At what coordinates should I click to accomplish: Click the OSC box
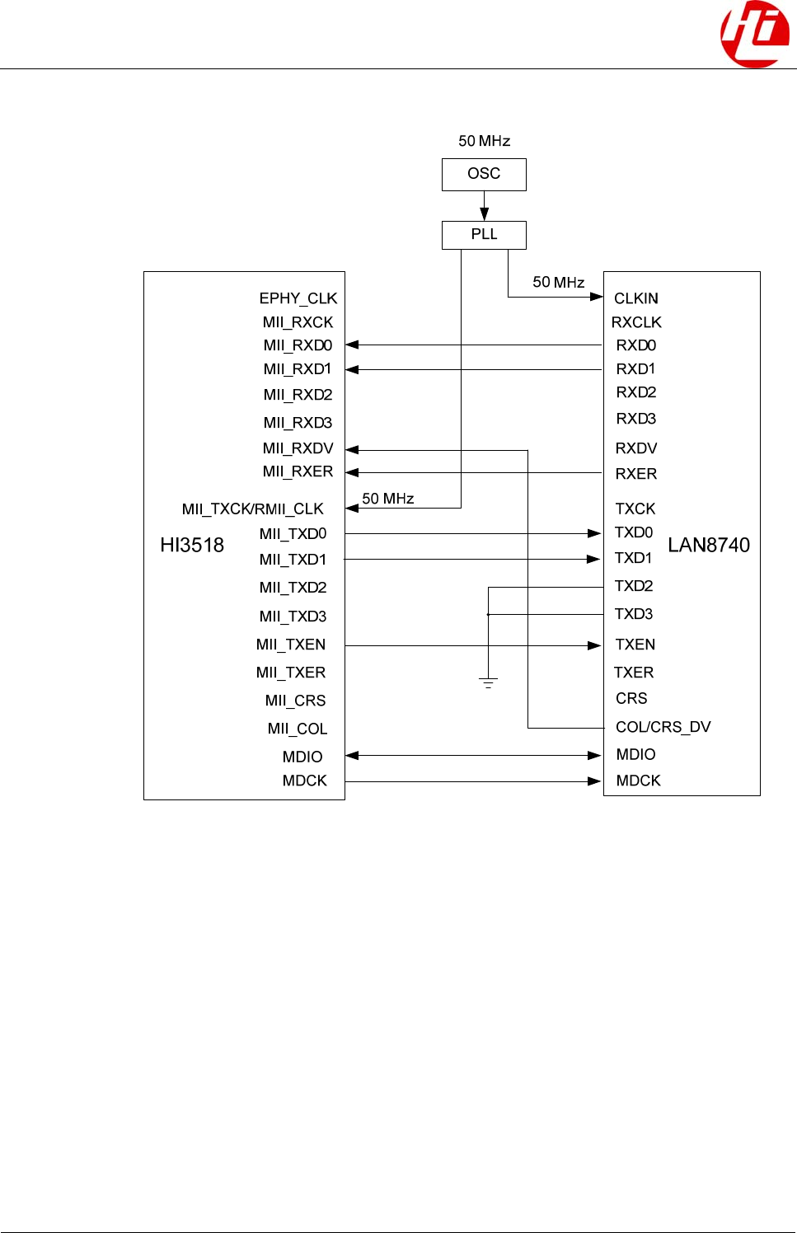[x=484, y=174]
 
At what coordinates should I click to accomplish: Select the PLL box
[x=484, y=235]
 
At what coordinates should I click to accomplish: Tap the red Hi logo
[x=754, y=34]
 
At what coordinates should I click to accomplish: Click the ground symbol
[x=488, y=682]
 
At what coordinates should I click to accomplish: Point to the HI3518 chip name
[x=192, y=545]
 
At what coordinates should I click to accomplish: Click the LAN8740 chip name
[x=709, y=545]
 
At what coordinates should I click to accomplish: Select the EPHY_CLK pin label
[x=298, y=298]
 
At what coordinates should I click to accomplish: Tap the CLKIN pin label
[x=635, y=298]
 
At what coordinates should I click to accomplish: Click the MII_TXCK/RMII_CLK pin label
[x=252, y=509]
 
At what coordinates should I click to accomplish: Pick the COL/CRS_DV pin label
[x=663, y=727]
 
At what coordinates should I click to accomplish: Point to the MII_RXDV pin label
[x=298, y=448]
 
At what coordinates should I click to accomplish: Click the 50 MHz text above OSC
[x=484, y=141]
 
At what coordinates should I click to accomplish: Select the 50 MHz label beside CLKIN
[x=558, y=282]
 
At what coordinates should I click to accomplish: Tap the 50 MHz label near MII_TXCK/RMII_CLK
[x=387, y=499]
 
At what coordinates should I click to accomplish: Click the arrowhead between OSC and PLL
[x=485, y=213]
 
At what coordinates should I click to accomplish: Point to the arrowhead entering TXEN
[x=594, y=645]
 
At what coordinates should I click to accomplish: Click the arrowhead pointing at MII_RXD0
[x=352, y=345]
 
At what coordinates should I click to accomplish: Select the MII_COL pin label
[x=297, y=729]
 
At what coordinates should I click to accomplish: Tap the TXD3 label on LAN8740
[x=633, y=614]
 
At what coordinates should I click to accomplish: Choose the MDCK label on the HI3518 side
[x=304, y=781]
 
